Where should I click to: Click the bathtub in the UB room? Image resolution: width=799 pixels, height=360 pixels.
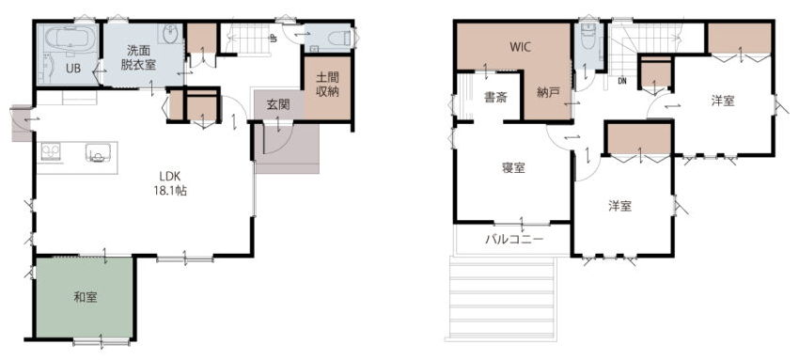click(70, 39)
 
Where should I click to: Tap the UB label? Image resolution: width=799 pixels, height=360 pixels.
click(73, 69)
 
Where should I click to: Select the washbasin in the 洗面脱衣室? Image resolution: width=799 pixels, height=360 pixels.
click(170, 34)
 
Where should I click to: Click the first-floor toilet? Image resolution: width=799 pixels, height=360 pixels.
click(338, 39)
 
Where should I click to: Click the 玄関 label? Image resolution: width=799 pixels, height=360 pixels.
click(278, 105)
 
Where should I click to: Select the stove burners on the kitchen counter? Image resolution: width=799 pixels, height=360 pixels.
click(51, 151)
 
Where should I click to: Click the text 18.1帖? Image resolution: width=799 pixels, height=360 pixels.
click(169, 192)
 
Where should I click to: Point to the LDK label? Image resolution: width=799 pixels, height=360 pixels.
click(169, 177)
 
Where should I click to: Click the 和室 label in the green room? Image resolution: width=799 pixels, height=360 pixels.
click(86, 298)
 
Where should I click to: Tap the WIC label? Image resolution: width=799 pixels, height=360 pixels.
click(521, 47)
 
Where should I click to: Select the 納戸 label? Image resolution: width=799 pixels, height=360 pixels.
click(548, 93)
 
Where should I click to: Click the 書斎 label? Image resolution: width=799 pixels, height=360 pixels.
click(495, 99)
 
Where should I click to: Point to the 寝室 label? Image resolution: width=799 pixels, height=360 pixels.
click(513, 168)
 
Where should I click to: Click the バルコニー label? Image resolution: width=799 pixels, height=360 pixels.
click(514, 238)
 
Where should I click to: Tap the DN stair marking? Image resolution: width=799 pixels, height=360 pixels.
click(622, 81)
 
